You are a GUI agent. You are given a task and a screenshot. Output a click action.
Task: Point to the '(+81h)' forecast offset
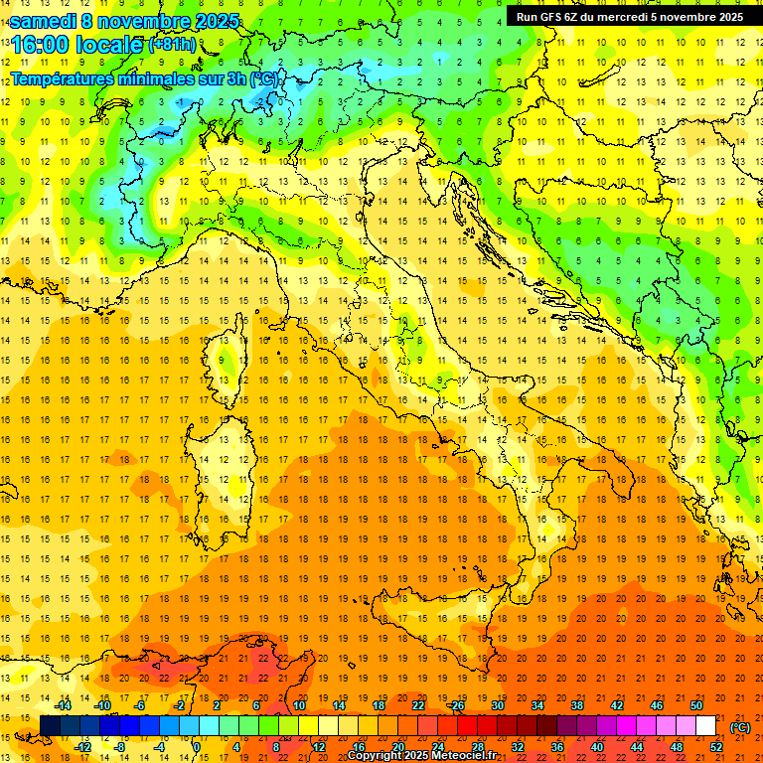(172, 45)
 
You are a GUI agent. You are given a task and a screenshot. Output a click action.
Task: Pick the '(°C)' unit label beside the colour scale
(740, 727)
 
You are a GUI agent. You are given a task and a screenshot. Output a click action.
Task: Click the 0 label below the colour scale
(197, 748)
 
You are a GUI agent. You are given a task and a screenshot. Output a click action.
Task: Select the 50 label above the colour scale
(696, 705)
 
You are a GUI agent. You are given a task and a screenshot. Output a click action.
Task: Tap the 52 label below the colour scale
(716, 748)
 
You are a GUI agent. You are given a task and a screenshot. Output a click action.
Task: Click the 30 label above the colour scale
(497, 705)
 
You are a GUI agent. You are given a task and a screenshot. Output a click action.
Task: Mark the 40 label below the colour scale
(597, 748)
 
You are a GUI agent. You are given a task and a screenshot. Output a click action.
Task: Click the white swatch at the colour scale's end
(706, 726)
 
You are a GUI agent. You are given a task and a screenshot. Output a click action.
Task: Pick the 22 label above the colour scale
(417, 705)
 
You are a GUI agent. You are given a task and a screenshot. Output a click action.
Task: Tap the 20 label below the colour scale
(397, 748)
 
